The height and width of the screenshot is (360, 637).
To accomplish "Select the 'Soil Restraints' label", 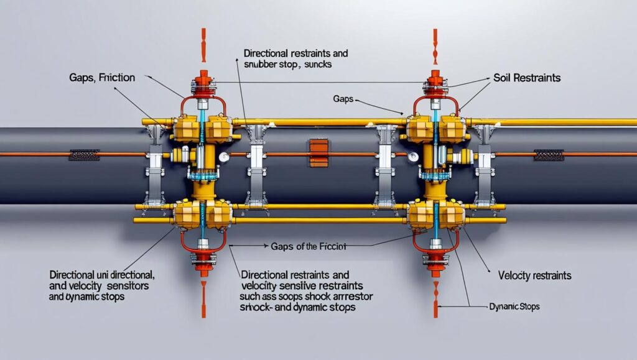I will [x=526, y=78].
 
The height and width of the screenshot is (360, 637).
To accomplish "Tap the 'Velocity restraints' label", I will [x=535, y=275].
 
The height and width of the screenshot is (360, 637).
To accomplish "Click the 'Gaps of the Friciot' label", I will [x=305, y=247].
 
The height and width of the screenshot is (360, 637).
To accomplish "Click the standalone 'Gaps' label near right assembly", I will [x=344, y=99].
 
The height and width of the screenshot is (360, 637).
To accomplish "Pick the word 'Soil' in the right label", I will [x=502, y=78].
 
